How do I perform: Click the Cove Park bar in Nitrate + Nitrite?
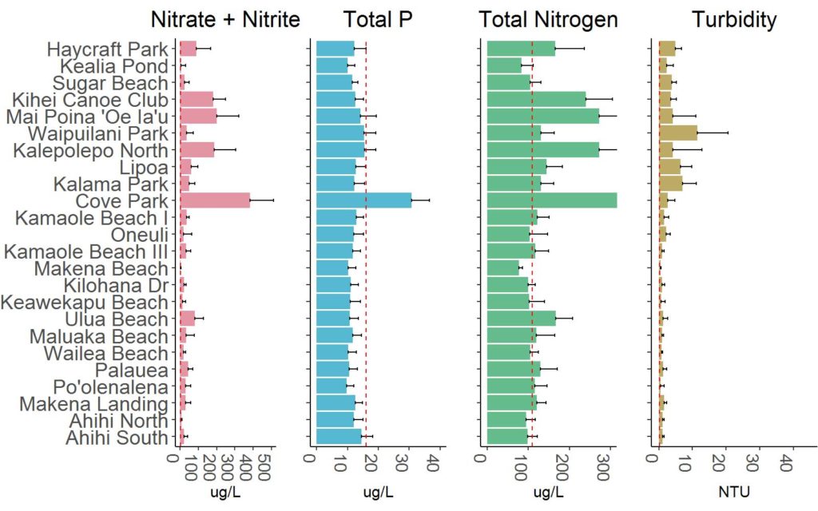(x=214, y=200)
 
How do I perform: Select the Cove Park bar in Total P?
(x=363, y=200)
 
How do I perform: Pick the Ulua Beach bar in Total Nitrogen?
(x=520, y=319)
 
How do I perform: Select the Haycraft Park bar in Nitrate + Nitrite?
(x=188, y=49)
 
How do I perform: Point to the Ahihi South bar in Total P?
(x=339, y=438)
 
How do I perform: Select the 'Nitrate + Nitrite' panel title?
(x=226, y=18)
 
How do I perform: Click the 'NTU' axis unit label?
(x=735, y=491)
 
